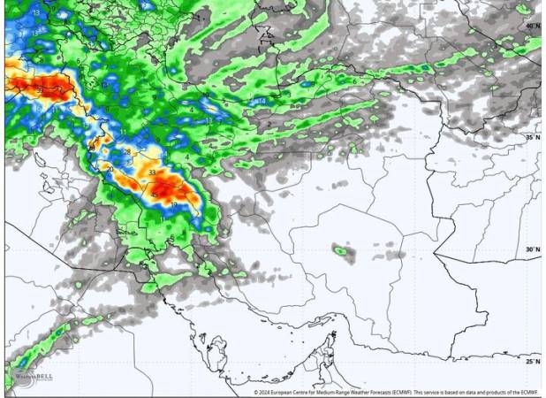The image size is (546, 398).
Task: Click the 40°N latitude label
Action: point(533,27)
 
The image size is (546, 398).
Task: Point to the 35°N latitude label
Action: point(533,138)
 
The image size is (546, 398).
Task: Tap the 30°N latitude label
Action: point(533,250)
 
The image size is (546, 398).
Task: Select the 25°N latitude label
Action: point(533,362)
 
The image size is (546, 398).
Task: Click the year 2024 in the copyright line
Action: point(267,392)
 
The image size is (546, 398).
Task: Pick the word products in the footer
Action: point(506,392)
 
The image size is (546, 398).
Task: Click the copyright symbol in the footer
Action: point(256,392)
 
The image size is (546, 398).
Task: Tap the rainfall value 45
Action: point(155,195)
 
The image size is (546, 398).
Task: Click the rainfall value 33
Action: point(153,172)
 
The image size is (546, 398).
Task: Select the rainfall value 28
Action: point(127,153)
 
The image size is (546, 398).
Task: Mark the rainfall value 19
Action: point(173,205)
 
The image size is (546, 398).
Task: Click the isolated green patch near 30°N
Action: point(341,251)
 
